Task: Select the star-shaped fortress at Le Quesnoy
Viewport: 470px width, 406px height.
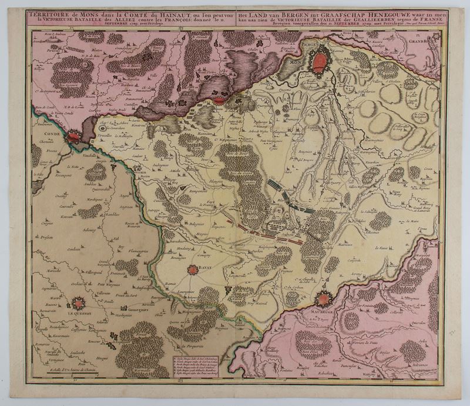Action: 78,304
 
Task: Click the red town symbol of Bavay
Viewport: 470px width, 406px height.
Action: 193,270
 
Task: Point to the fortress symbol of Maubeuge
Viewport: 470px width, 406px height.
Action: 323,298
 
